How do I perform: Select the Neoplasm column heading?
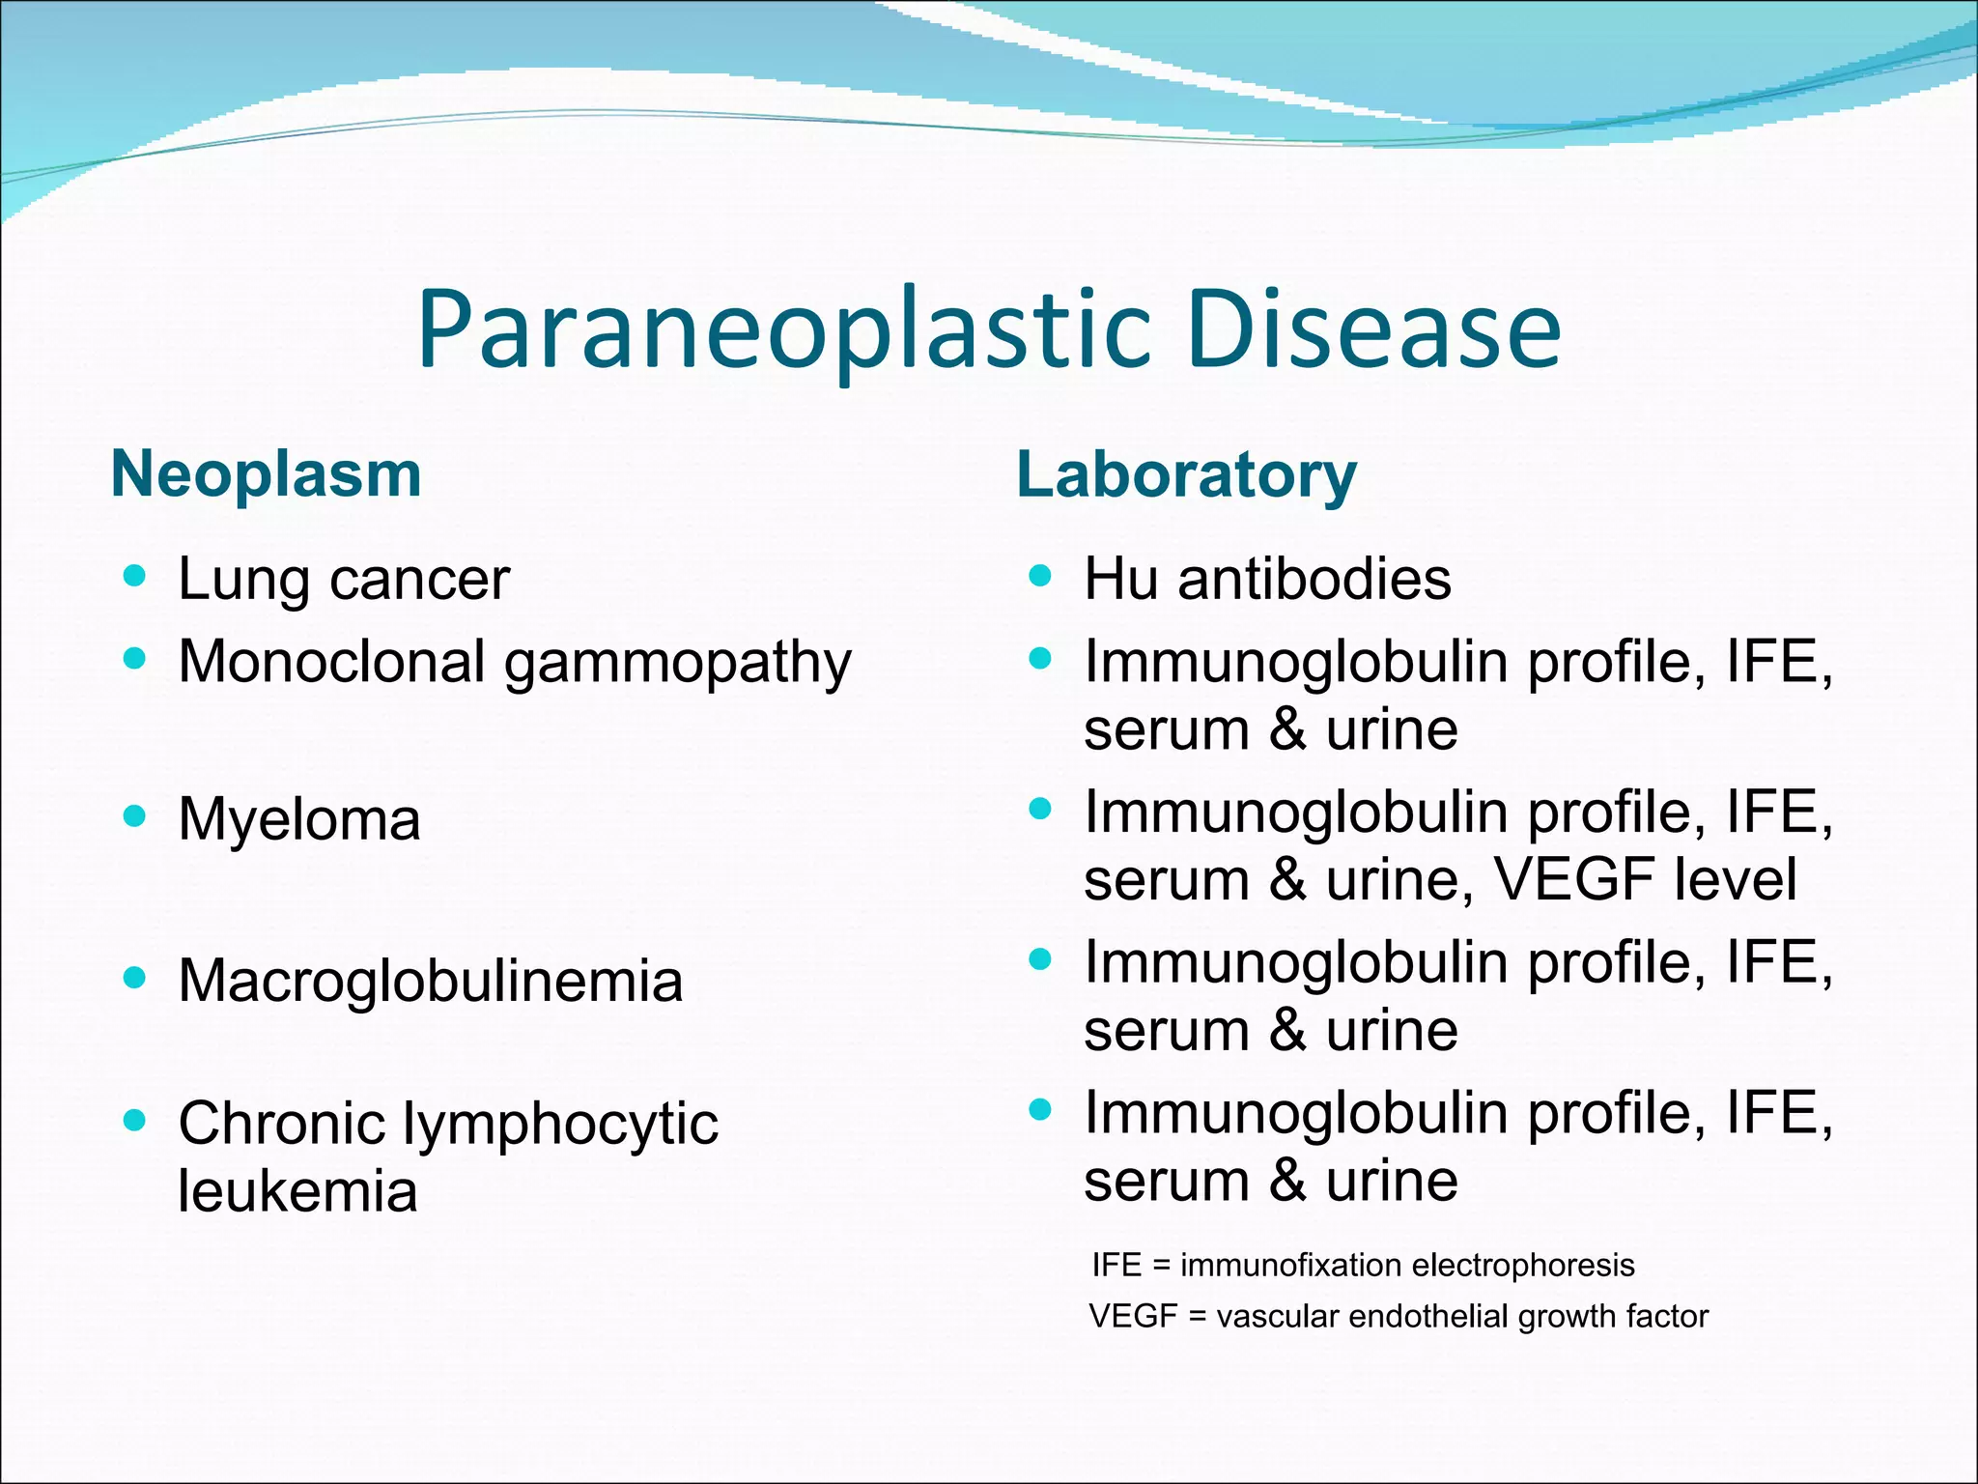click(267, 474)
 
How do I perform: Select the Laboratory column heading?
click(1186, 475)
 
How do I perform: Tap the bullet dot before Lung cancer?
click(135, 577)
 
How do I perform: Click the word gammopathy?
click(678, 664)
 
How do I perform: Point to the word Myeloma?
click(299, 819)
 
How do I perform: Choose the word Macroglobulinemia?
click(431, 981)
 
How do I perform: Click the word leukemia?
click(297, 1190)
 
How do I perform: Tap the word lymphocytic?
click(560, 1124)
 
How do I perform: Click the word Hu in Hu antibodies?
click(1120, 579)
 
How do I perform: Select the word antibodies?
click(1314, 579)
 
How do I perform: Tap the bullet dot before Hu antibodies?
click(1040, 577)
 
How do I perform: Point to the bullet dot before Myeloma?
click(135, 816)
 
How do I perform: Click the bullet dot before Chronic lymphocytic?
click(135, 1121)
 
